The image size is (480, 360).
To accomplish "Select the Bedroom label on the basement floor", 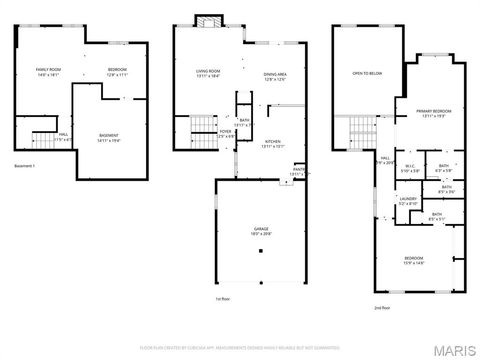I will [x=118, y=72].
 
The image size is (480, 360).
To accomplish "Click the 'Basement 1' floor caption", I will [x=25, y=164].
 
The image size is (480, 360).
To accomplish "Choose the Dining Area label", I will [x=276, y=74].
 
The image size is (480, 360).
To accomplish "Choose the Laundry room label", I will [x=407, y=201].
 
